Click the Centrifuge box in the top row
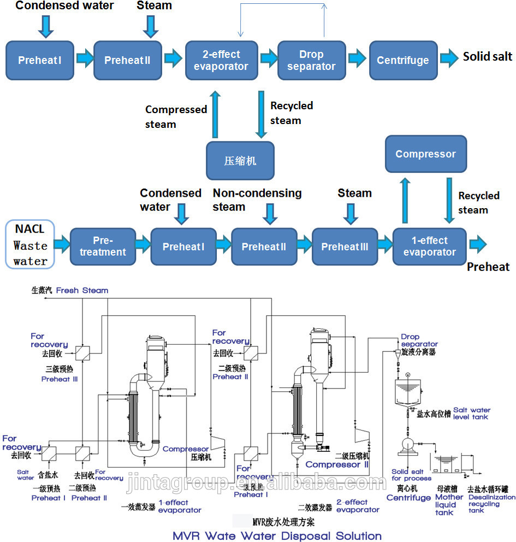[x=403, y=60]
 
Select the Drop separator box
[x=311, y=60]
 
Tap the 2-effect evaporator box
[x=221, y=60]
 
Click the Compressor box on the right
[x=425, y=154]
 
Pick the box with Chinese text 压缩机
[x=240, y=161]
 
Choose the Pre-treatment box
[x=103, y=246]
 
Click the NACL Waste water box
[x=31, y=245]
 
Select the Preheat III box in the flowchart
[x=345, y=246]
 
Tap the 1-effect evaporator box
[x=429, y=246]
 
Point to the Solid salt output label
[x=488, y=56]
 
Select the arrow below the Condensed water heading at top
[x=46, y=26]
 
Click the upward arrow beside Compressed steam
[x=216, y=114]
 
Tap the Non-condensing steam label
[x=257, y=199]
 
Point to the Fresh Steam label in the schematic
[x=82, y=291]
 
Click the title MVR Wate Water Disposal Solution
[x=277, y=535]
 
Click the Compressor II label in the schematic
[x=337, y=464]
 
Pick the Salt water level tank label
[x=472, y=414]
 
